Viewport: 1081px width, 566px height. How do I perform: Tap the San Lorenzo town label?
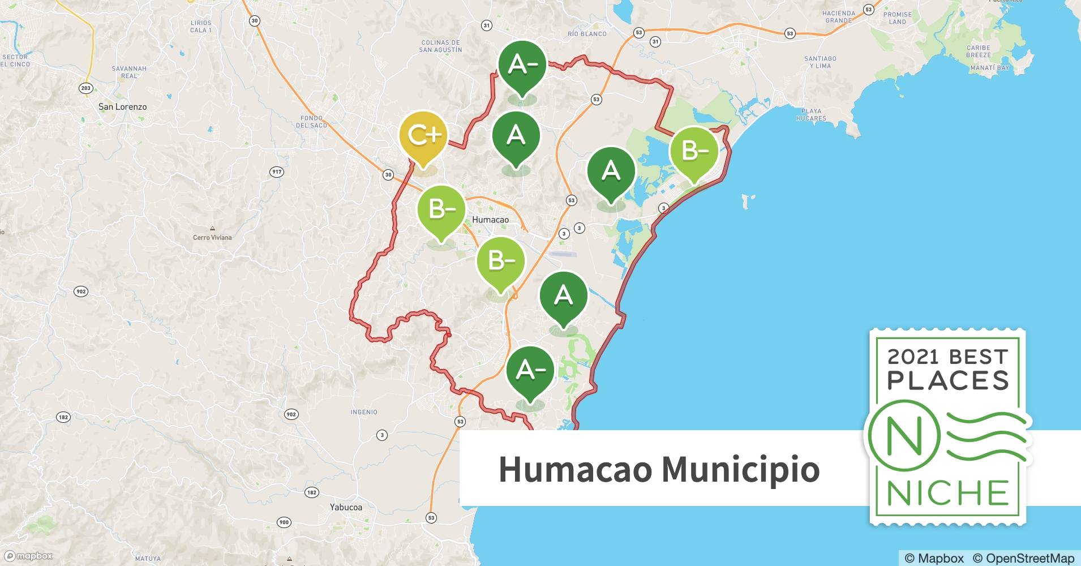(122, 106)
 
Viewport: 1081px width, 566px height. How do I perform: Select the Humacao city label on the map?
(490, 220)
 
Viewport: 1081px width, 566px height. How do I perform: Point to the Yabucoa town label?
(346, 507)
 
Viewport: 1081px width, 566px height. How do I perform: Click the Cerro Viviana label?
(212, 237)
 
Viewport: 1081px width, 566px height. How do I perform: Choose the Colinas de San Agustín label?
(440, 46)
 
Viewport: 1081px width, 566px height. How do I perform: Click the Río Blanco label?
(587, 34)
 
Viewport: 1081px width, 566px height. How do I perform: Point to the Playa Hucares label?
(811, 115)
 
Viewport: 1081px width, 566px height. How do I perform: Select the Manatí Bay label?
(989, 68)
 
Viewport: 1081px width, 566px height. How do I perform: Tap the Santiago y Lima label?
(820, 62)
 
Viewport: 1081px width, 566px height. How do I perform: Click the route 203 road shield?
(85, 88)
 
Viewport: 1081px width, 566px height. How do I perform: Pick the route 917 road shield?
(277, 172)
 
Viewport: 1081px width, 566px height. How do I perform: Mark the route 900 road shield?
(284, 522)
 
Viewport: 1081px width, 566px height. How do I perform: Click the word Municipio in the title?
(740, 469)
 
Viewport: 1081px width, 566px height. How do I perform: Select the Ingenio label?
(363, 412)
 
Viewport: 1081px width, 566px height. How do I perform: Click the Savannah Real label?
(129, 72)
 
